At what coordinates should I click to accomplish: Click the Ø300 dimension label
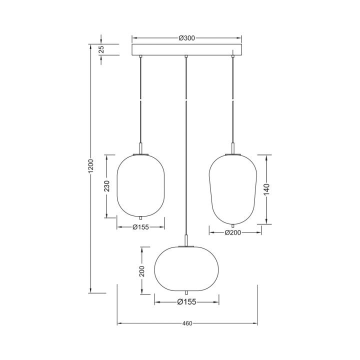(186, 37)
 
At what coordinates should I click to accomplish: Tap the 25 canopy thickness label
(101, 49)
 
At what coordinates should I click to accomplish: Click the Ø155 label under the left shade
(140, 226)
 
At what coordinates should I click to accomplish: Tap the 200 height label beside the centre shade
(142, 271)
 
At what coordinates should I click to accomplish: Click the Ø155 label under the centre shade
(186, 301)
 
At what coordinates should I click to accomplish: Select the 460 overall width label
(187, 323)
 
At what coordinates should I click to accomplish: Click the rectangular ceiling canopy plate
(186, 49)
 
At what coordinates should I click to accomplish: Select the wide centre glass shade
(186, 268)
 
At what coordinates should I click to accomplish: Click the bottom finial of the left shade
(140, 218)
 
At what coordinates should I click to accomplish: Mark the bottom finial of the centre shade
(186, 292)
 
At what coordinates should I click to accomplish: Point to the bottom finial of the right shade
(233, 224)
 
